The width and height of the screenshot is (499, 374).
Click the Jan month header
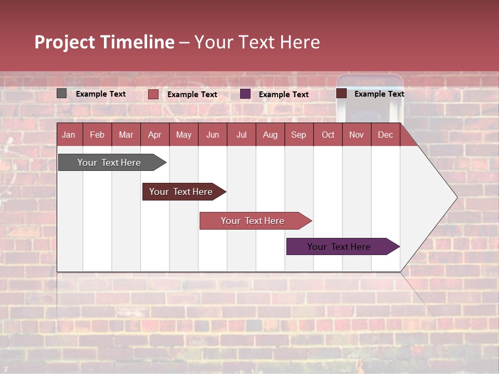(x=69, y=135)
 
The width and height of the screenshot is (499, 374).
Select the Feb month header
(x=97, y=135)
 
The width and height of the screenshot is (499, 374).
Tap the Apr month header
(x=155, y=135)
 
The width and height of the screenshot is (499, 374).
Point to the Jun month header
(x=213, y=135)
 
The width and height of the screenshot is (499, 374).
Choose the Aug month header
(x=270, y=135)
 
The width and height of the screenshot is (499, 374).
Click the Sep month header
(x=299, y=135)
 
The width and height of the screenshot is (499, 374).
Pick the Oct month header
(x=328, y=135)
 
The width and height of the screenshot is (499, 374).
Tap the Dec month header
(x=386, y=135)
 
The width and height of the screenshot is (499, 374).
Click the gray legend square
(x=62, y=94)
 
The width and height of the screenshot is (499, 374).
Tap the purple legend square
(x=245, y=94)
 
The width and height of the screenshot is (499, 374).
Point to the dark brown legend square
(x=342, y=94)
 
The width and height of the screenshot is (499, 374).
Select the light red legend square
(x=153, y=94)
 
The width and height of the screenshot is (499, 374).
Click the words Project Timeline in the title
(x=104, y=42)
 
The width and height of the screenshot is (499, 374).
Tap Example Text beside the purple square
(x=284, y=95)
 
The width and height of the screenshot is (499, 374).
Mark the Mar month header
(x=126, y=135)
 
